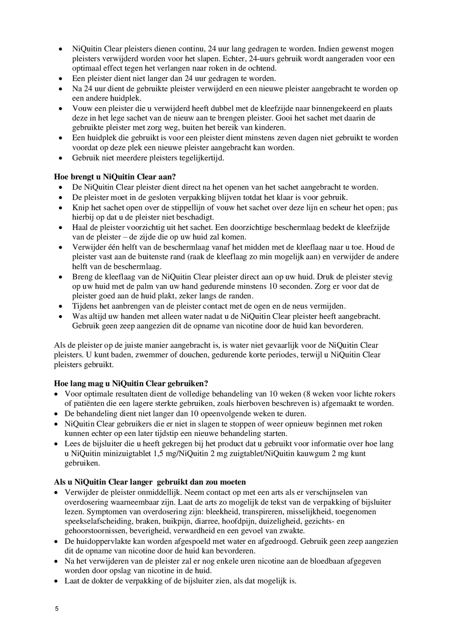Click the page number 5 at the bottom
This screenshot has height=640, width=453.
56,609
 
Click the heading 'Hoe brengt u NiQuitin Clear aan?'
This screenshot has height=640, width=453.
115,177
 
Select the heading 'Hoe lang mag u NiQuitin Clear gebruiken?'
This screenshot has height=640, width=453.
131,384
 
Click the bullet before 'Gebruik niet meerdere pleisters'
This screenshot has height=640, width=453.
61,158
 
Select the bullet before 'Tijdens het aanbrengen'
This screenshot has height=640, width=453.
61,307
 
